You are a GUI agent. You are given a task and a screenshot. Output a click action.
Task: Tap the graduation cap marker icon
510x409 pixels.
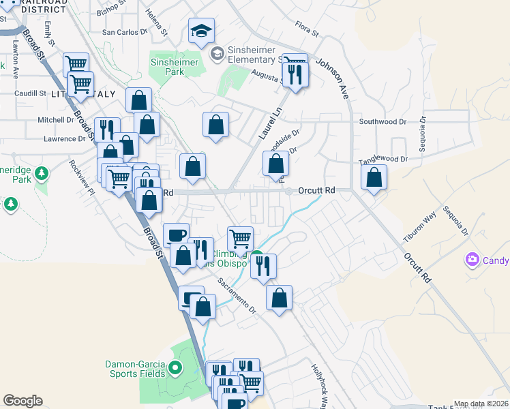[x=202, y=31]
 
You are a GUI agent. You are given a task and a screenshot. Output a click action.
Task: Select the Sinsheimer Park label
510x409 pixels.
[x=174, y=67]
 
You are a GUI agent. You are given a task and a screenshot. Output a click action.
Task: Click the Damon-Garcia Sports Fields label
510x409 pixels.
[x=135, y=369]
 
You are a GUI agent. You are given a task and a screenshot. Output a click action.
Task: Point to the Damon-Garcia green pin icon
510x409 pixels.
[x=175, y=369]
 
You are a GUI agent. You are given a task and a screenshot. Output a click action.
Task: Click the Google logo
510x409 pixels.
[x=22, y=401]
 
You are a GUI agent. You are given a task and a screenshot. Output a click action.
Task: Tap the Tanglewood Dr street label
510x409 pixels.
[x=383, y=158]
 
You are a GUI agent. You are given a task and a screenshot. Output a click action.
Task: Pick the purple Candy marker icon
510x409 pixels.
[x=472, y=260]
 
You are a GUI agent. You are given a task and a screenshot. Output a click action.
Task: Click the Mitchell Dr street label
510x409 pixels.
[x=56, y=119]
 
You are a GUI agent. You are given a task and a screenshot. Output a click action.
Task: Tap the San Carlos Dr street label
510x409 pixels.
[x=125, y=32]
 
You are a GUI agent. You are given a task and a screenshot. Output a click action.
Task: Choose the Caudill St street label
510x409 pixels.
[x=29, y=93]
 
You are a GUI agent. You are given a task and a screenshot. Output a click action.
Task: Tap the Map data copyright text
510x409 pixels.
[x=480, y=404]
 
